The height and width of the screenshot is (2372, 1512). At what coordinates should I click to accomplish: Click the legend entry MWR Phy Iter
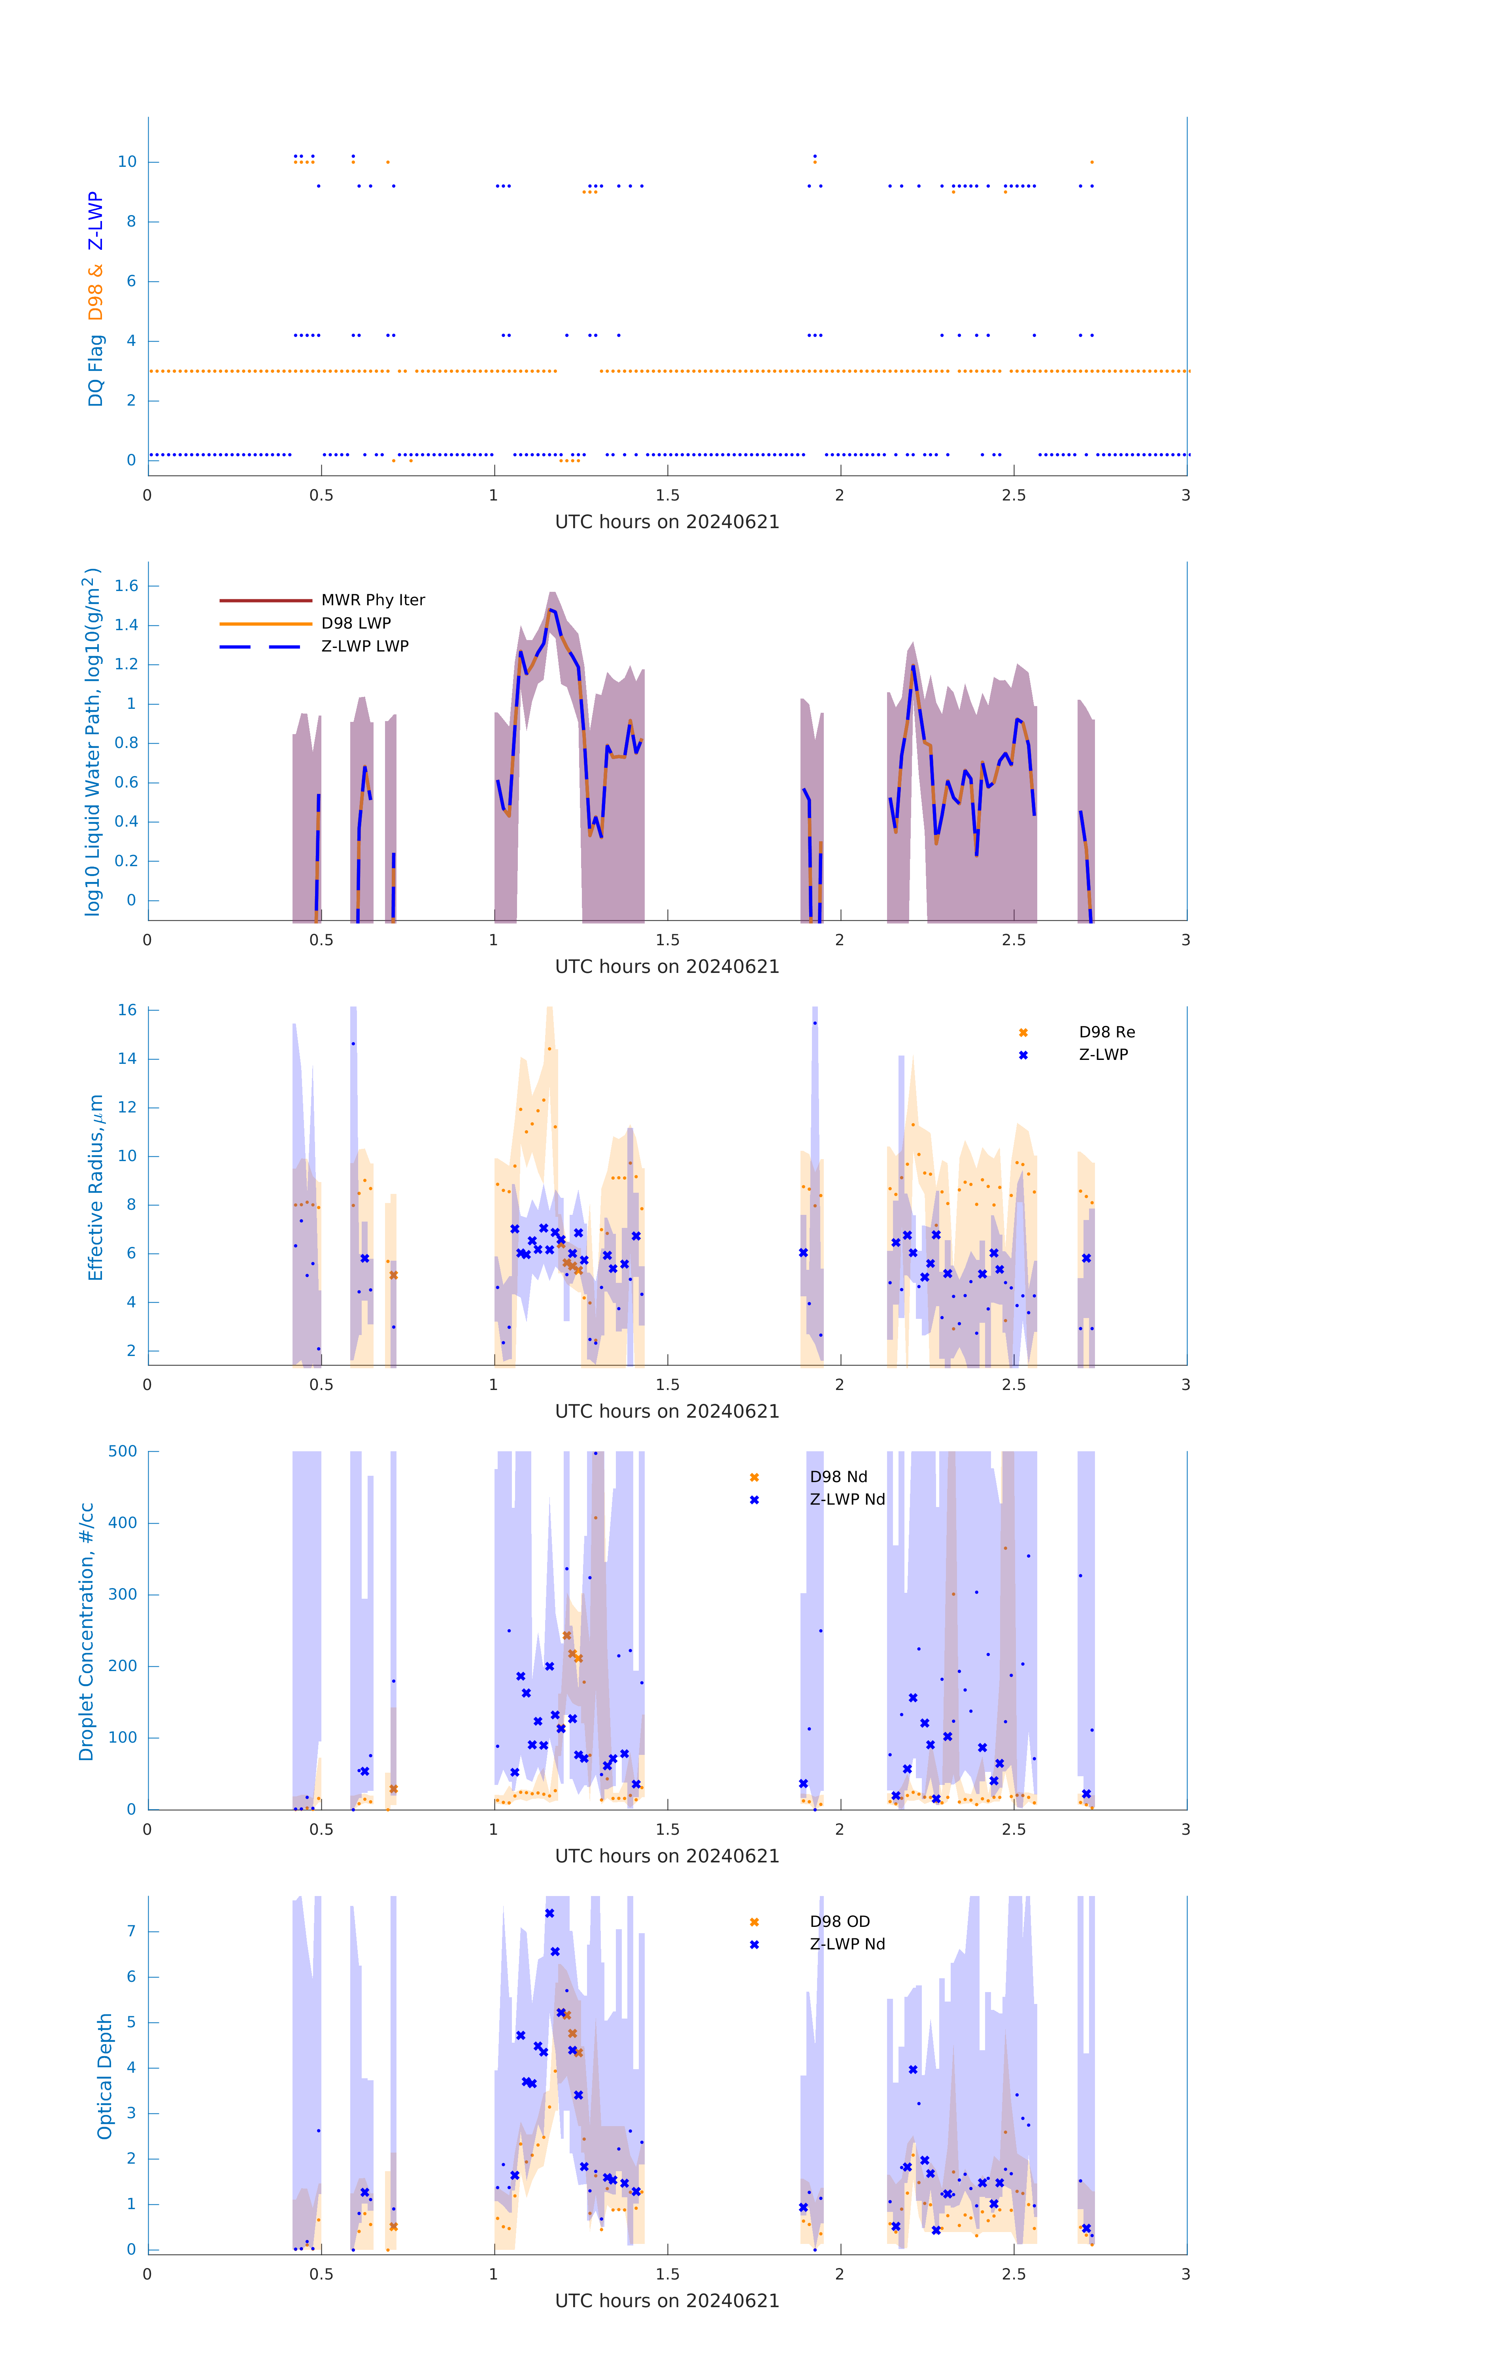(x=372, y=600)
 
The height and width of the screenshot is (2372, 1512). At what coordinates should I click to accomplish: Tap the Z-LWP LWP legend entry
(x=364, y=646)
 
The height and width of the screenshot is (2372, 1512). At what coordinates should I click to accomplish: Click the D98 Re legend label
(x=1106, y=1032)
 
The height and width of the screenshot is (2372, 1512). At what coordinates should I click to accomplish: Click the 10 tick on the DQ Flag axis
(x=127, y=162)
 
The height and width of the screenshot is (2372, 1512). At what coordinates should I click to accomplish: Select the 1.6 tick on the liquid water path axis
(x=126, y=586)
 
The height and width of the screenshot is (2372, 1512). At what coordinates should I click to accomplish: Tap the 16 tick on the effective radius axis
(x=127, y=1010)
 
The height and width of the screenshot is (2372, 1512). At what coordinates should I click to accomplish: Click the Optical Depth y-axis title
(x=104, y=2076)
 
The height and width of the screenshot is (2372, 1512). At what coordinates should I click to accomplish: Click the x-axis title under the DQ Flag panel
(x=667, y=522)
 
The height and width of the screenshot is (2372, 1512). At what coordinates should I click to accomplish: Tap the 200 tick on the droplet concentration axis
(x=123, y=1666)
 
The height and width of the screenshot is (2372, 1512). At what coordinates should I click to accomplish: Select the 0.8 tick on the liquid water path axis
(x=126, y=743)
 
